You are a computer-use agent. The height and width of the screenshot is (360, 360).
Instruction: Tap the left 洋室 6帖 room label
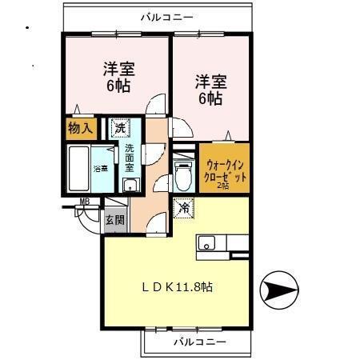116,76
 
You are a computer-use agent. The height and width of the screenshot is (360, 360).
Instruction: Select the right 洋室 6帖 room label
210,89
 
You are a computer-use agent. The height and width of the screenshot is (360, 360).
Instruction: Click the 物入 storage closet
81,128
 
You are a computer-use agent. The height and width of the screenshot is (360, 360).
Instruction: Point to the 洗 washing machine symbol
119,128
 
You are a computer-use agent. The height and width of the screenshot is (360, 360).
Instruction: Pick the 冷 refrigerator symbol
183,207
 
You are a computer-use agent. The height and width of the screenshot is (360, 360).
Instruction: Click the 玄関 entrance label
115,221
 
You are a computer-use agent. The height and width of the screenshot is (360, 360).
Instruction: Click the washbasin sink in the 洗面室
129,186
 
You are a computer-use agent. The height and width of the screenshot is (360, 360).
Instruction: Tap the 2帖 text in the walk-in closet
224,185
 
